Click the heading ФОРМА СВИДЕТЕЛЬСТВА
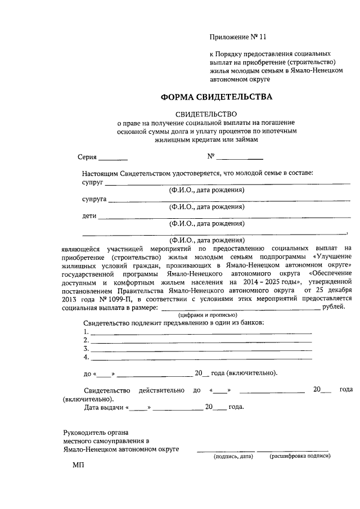coord(216,97)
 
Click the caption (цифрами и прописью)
coord(208,315)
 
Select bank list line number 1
coord(201,332)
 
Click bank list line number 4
coord(201,358)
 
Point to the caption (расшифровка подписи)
coord(300,456)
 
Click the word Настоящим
coord(101,174)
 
